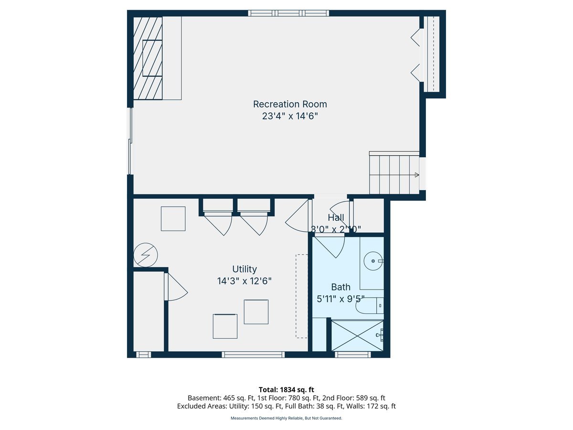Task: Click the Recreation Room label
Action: pyautogui.click(x=290, y=104)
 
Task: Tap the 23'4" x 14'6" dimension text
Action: pyautogui.click(x=290, y=116)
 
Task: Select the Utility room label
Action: pyautogui.click(x=244, y=269)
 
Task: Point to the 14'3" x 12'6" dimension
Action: pyautogui.click(x=244, y=281)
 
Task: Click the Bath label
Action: pyautogui.click(x=340, y=287)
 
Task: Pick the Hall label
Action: pyautogui.click(x=336, y=217)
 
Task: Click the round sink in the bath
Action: pyautogui.click(x=373, y=261)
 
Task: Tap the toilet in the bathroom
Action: pyautogui.click(x=370, y=305)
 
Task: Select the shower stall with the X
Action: pyautogui.click(x=357, y=336)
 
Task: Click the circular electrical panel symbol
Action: pyautogui.click(x=146, y=255)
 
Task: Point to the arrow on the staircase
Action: pyautogui.click(x=417, y=175)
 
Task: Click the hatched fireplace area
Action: pyautogui.click(x=148, y=58)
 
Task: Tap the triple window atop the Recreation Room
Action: pyautogui.click(x=288, y=13)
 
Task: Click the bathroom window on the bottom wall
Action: pyautogui.click(x=353, y=355)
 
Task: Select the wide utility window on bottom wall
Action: pyautogui.click(x=253, y=355)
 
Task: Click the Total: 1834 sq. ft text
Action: pyautogui.click(x=286, y=390)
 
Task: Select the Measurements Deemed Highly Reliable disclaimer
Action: pyautogui.click(x=286, y=418)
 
